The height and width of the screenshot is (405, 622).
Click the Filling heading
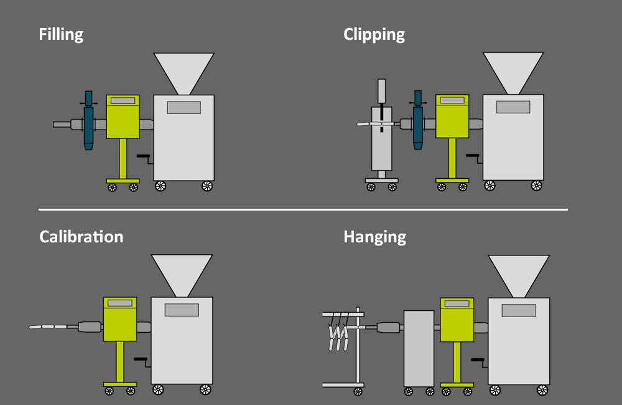61,34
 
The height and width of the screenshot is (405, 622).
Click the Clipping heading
374,34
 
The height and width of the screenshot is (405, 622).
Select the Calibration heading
81,237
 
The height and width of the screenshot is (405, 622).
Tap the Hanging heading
375,237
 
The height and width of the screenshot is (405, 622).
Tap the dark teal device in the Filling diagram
88,120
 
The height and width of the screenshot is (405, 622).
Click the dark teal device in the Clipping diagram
418,120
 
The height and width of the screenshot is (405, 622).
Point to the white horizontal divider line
303,209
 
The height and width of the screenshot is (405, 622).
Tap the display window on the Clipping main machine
513,107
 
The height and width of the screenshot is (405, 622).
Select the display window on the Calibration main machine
182,310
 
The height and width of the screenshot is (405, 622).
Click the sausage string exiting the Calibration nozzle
48,326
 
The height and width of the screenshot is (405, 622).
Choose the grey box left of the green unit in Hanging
419,348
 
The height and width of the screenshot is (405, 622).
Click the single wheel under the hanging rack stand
358,392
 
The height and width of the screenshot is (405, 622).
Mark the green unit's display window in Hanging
457,303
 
